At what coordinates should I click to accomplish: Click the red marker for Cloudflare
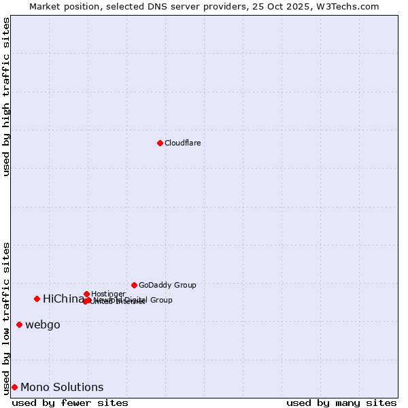(x=160, y=143)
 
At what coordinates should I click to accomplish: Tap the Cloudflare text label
(x=182, y=143)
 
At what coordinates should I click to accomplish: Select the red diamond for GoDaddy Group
(x=134, y=285)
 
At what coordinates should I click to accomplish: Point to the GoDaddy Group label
(x=167, y=285)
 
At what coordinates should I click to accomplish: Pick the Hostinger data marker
(x=86, y=294)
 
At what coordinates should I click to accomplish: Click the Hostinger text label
(x=108, y=294)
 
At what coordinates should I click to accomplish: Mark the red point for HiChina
(x=37, y=299)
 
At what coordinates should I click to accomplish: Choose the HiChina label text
(x=63, y=299)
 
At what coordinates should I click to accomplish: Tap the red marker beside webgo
(x=19, y=324)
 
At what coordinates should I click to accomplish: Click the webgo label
(x=43, y=325)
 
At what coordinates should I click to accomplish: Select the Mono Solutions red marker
(x=14, y=387)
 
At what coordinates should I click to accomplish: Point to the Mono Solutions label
(x=62, y=388)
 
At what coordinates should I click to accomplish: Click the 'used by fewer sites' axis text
(x=70, y=403)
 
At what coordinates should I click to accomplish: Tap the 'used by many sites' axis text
(x=341, y=403)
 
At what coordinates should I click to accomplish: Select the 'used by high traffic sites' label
(x=7, y=97)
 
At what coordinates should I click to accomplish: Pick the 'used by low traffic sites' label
(x=7, y=318)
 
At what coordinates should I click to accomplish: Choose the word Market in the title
(x=45, y=6)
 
